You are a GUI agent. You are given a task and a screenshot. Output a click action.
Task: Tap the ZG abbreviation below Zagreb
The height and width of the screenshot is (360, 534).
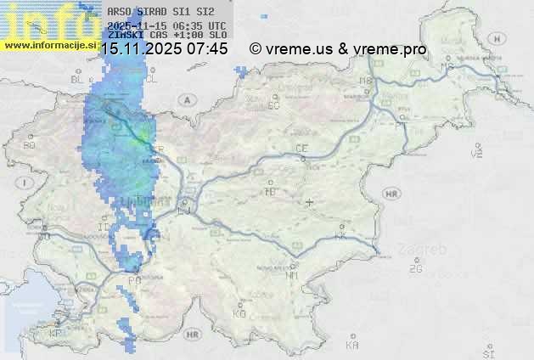(x=415, y=269)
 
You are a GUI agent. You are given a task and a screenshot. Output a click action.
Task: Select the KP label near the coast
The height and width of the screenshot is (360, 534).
(x=55, y=334)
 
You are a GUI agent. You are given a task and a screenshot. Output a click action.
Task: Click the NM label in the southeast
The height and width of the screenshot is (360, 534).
(x=292, y=275)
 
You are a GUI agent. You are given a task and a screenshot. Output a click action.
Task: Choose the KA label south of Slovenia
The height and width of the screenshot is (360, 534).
(x=352, y=345)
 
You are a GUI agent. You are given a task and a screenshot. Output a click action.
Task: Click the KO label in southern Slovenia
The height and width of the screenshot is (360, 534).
(x=239, y=313)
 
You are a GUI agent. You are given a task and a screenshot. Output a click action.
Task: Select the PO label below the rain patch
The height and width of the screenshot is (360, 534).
(x=134, y=280)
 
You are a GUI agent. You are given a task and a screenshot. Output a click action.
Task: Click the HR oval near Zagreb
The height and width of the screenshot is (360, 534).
(x=391, y=194)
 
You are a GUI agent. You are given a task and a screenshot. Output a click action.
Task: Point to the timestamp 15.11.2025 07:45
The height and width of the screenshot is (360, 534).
(x=164, y=49)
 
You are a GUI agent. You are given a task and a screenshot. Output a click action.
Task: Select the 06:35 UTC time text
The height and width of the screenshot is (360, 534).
(x=194, y=25)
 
